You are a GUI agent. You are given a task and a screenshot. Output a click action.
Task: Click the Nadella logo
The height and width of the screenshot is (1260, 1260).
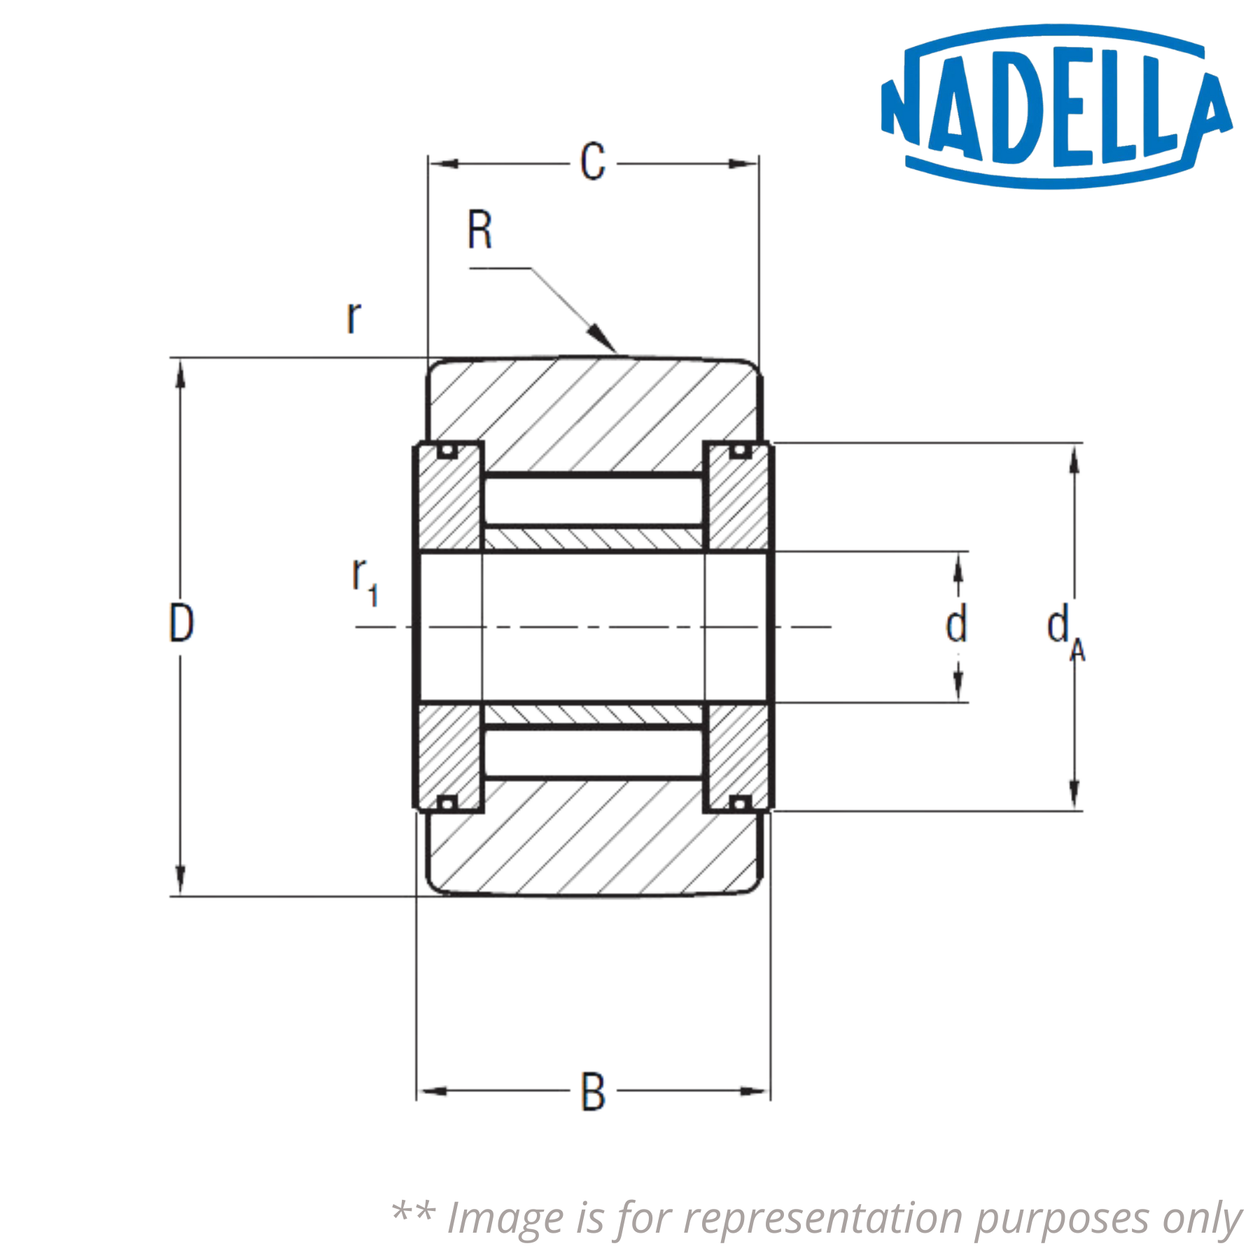(x=1056, y=107)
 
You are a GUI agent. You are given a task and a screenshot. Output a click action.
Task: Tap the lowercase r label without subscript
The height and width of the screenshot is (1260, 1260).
(x=353, y=318)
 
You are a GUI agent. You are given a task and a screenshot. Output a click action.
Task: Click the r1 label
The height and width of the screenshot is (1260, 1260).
(x=365, y=585)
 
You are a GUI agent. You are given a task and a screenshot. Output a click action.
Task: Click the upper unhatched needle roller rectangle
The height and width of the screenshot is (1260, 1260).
(x=594, y=497)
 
